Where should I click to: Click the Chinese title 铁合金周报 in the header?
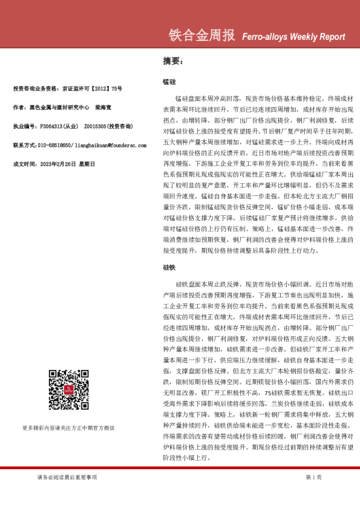(203, 36)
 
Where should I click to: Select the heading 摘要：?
(172, 61)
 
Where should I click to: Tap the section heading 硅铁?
(169, 267)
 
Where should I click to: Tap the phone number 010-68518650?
(55, 145)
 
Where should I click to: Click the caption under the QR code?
(68, 428)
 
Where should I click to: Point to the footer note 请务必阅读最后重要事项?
(67, 477)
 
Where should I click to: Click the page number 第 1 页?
(313, 477)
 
